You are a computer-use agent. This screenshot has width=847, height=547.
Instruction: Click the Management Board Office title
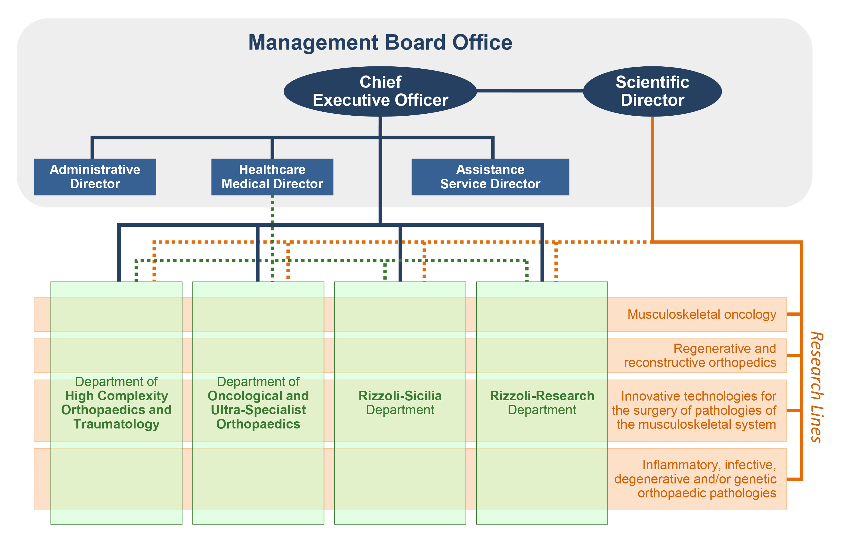380,43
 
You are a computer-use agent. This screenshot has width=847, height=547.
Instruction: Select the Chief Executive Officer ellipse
380,91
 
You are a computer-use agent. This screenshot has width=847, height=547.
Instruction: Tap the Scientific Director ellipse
652,91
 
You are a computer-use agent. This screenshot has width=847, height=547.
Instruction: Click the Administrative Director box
95,177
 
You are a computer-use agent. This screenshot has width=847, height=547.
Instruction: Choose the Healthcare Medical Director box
272,177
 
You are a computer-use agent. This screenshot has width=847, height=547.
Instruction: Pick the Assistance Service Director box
490,177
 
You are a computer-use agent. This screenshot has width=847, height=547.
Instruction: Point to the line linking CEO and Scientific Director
530,91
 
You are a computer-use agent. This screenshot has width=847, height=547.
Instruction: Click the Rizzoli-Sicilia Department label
400,403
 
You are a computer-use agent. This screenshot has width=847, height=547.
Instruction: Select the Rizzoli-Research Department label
542,403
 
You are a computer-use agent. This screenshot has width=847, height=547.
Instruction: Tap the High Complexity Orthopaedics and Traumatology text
116,410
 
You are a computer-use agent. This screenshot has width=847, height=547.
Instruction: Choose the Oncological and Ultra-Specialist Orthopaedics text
258,410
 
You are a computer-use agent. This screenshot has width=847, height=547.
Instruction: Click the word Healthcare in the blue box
272,170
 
